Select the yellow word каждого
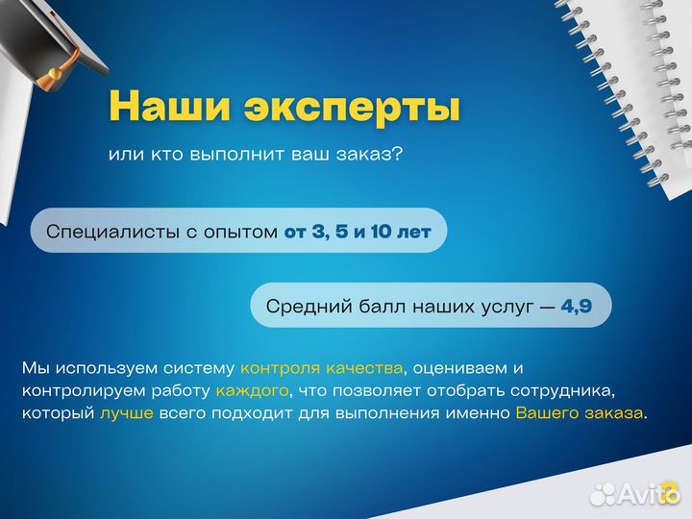click(251, 391)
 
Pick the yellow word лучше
click(123, 414)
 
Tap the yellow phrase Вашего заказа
click(580, 414)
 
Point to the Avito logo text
click(649, 494)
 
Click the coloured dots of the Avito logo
click(602, 494)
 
